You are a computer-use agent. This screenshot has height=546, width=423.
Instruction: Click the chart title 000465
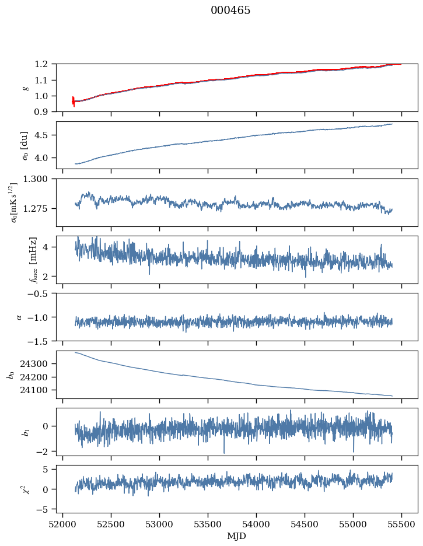point(230,10)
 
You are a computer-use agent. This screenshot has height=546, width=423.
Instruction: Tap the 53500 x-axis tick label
point(208,524)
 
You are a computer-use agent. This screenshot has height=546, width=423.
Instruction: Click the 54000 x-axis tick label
point(256,524)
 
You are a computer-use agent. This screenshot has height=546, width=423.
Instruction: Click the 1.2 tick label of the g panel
point(44,64)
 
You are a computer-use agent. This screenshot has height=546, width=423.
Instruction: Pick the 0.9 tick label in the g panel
point(44,111)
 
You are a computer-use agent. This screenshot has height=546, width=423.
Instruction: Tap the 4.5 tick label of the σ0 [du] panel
point(44,135)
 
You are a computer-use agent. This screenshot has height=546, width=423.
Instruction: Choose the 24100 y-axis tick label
point(37,390)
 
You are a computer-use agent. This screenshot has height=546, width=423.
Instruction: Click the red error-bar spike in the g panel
point(73,101)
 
